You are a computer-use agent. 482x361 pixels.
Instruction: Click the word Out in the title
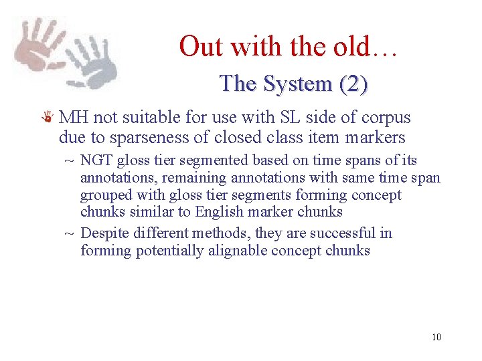[199, 47]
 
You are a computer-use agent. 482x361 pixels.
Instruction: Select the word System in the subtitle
[297, 84]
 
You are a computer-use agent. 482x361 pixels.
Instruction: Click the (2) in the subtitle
[353, 84]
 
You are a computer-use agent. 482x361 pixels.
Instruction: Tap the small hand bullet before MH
[47, 118]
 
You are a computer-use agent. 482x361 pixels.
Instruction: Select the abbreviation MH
[74, 118]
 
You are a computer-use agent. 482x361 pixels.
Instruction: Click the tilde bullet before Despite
[69, 234]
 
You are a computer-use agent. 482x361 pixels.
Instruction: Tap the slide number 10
[436, 337]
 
